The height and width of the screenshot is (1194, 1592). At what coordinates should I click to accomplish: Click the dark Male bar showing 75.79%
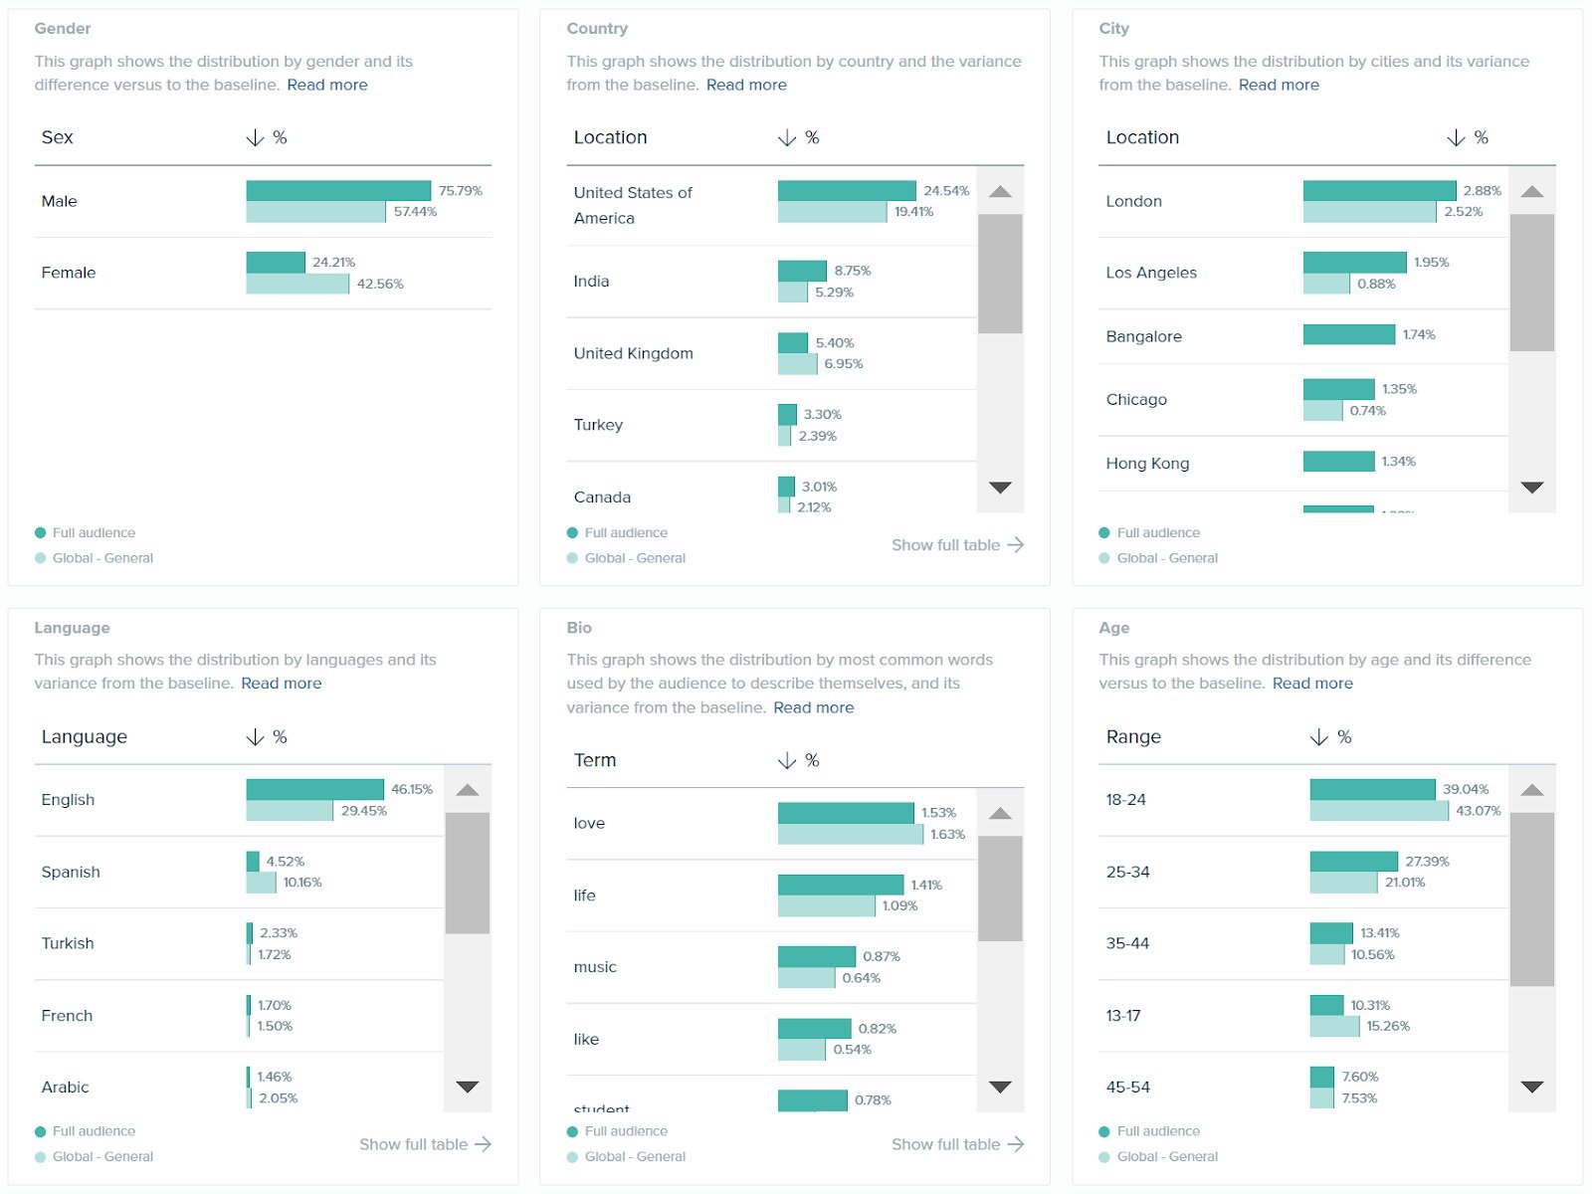click(x=338, y=191)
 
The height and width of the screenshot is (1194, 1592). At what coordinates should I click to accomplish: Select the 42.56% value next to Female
click(x=380, y=284)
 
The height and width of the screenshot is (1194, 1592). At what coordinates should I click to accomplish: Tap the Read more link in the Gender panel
click(x=326, y=85)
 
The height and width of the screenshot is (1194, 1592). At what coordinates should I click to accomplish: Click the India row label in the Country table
click(x=591, y=282)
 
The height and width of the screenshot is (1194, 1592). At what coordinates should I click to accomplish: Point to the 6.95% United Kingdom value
click(x=843, y=364)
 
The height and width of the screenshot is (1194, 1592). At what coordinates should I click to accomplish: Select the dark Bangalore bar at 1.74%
click(x=1348, y=334)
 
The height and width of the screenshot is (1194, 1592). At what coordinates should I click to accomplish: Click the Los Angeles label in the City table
click(x=1151, y=273)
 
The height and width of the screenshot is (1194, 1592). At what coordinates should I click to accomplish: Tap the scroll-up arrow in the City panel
click(x=1531, y=191)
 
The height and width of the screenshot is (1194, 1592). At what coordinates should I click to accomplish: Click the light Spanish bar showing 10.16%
click(x=262, y=883)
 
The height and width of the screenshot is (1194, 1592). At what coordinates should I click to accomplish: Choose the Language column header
click(x=85, y=737)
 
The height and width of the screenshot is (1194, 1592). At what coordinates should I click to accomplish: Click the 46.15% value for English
click(x=411, y=789)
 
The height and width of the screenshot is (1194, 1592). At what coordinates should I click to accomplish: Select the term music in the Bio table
click(x=595, y=967)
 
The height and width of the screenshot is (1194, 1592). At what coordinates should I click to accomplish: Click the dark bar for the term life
click(x=840, y=885)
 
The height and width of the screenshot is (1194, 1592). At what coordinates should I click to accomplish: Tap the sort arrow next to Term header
click(x=786, y=761)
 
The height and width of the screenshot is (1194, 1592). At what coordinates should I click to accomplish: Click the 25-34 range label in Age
click(x=1127, y=873)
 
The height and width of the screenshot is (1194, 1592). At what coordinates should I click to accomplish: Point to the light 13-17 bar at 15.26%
click(x=1334, y=1027)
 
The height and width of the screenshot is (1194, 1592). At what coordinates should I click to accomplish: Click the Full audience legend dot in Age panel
click(x=1103, y=1131)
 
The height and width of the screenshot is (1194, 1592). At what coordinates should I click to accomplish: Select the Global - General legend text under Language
click(x=102, y=1157)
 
